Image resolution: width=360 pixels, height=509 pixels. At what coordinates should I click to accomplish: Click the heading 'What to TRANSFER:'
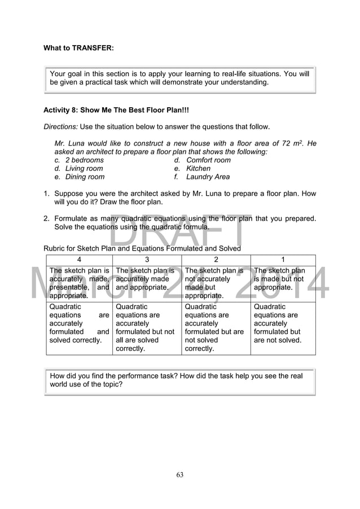78,48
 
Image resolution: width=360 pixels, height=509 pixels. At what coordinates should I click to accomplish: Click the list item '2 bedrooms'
84,160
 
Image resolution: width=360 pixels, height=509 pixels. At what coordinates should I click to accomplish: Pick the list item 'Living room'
84,169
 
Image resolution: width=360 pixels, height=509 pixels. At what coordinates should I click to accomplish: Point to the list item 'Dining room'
85,177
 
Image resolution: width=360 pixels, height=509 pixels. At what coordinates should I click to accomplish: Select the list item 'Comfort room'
208,160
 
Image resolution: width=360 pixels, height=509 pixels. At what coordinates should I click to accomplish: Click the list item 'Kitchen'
198,169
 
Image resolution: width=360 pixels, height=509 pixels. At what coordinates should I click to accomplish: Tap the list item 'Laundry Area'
208,177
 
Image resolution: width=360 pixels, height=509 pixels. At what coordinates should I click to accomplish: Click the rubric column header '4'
79,260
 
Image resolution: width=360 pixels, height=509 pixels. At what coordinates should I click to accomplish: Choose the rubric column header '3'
147,260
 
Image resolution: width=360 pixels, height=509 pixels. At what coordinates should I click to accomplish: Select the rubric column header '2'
216,260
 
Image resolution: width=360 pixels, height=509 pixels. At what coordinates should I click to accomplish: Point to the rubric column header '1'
283,260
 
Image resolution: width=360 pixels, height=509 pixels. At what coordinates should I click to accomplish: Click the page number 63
179,475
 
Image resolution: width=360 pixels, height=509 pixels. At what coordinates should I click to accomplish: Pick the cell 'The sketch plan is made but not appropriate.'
283,279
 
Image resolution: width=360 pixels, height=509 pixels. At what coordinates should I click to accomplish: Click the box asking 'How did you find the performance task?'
179,380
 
